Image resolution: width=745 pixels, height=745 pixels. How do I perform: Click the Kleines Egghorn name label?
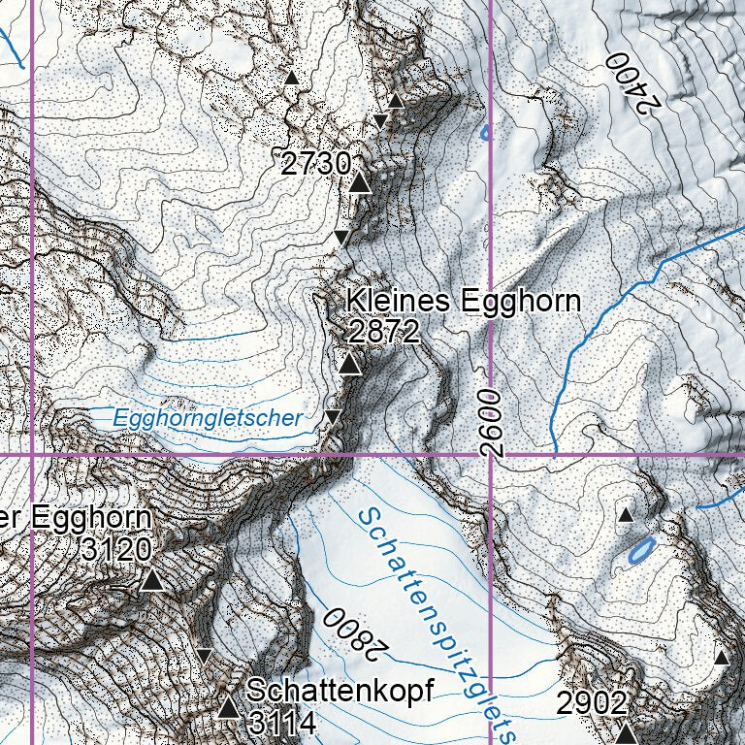pos(464,301)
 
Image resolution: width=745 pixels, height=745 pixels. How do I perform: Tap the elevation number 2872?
pos(383,333)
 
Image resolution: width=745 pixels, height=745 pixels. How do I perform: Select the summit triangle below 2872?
pos(350,365)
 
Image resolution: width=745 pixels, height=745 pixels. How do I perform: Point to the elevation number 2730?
pos(315,163)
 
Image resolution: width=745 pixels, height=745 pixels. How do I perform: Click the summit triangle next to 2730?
pos(360,183)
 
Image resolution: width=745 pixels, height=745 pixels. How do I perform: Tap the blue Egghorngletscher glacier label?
pos(208,418)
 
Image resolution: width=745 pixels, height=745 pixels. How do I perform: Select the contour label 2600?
pos(492,423)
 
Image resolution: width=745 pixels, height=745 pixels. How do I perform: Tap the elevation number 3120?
pos(116,549)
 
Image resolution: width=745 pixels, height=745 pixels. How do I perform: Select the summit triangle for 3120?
pos(151,581)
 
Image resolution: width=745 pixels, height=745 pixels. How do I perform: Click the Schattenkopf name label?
pos(339,691)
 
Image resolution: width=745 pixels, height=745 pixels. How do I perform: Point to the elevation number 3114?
pos(281,723)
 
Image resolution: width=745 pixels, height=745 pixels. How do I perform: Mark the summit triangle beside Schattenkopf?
pos(228,707)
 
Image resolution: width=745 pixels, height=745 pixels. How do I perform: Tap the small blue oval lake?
pos(640,553)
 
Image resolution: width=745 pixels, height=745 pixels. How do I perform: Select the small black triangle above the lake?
pos(626,514)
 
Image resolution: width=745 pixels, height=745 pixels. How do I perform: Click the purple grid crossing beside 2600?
pos(491,454)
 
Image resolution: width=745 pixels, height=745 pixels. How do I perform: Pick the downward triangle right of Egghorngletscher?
pos(333,417)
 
